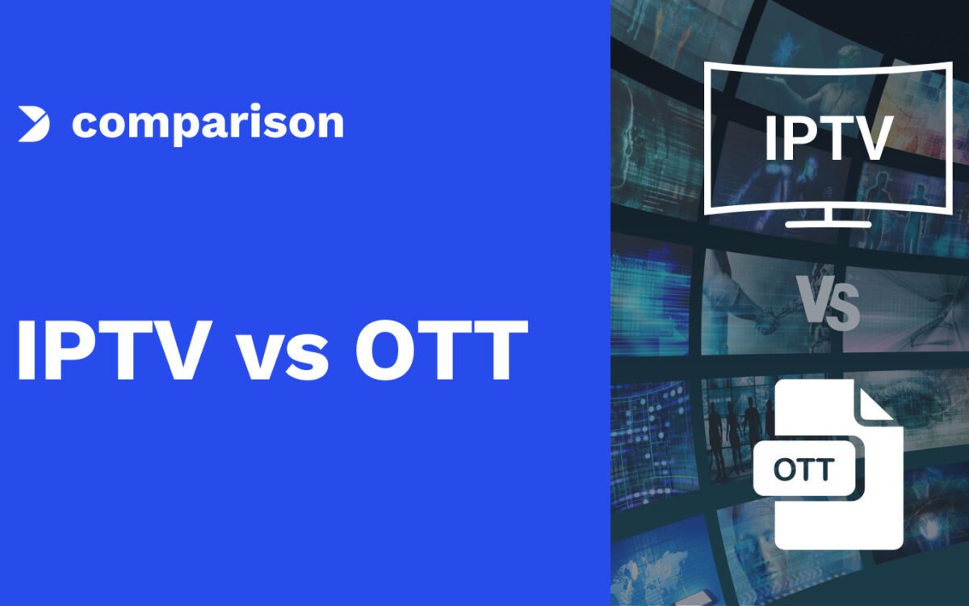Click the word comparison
(x=208, y=124)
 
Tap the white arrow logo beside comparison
(x=34, y=124)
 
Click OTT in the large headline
(x=441, y=350)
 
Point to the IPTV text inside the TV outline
(x=828, y=138)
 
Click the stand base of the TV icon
(x=828, y=224)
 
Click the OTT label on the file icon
(x=803, y=469)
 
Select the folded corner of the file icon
(x=874, y=405)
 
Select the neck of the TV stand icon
(x=828, y=215)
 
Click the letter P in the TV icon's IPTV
(x=795, y=138)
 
